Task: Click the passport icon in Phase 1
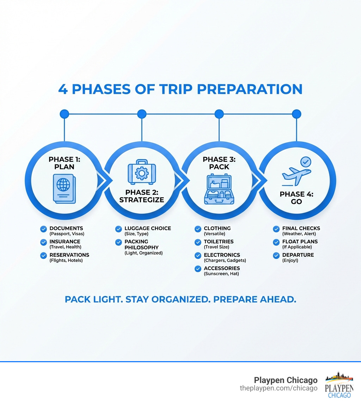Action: click(x=65, y=189)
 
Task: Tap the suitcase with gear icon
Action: click(x=142, y=172)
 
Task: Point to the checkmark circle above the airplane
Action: click(x=306, y=162)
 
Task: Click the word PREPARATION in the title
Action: click(x=250, y=89)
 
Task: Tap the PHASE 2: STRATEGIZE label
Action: click(x=142, y=196)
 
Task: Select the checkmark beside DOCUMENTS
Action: click(x=44, y=229)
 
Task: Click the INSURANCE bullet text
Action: click(x=65, y=244)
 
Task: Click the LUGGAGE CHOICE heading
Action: click(x=148, y=229)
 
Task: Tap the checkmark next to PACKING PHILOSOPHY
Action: click(x=118, y=242)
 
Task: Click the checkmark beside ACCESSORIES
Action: click(x=198, y=269)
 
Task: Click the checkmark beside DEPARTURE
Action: click(x=276, y=256)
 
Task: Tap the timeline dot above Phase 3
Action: click(x=219, y=114)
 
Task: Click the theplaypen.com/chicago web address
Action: click(x=279, y=388)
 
